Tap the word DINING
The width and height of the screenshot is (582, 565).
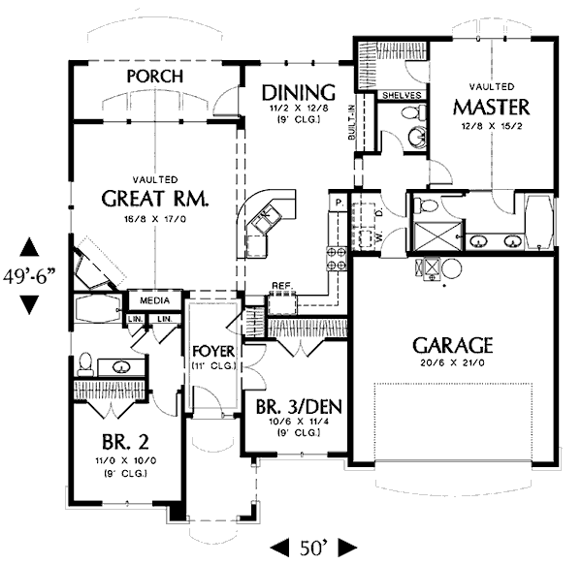(x=300, y=93)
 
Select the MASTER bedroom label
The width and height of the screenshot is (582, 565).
(x=492, y=106)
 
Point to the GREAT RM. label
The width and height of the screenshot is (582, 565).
(x=156, y=200)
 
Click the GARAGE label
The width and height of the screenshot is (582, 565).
(x=454, y=345)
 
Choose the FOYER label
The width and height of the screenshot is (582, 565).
(x=210, y=350)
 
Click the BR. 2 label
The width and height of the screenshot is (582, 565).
(x=124, y=435)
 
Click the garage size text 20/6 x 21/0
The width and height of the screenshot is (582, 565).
(x=454, y=363)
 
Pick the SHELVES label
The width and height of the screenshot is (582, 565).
(x=400, y=96)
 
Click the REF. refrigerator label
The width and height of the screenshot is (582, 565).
(x=281, y=286)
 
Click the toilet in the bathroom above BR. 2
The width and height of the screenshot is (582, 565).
(x=84, y=363)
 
